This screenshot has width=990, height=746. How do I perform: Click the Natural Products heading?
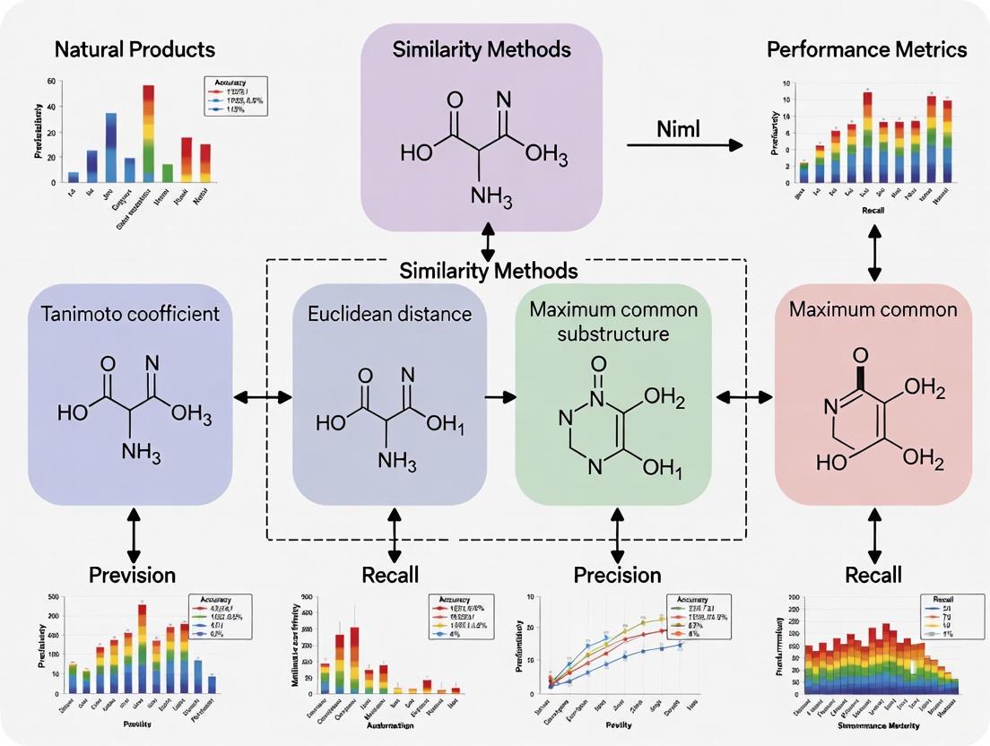pos(135,48)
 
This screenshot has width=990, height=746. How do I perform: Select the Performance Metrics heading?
pos(866,48)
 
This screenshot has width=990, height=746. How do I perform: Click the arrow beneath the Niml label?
pos(686,145)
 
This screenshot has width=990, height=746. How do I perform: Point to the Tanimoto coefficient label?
pos(130,313)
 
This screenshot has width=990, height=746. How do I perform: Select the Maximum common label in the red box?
pos(873,310)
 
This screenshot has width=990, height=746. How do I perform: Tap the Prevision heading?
pos(134,575)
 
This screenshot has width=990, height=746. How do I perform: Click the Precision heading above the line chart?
pos(617,575)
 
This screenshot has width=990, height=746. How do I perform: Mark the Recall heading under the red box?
pos(873,575)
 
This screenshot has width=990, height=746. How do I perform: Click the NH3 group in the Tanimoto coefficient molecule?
pos(141,453)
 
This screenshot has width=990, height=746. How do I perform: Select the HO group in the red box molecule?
pos(830,463)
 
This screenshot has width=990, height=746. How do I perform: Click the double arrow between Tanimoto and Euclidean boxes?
pos(263,395)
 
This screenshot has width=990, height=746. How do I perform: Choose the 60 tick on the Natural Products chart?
pos(51,82)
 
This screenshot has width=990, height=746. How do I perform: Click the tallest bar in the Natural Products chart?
pos(148,134)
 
